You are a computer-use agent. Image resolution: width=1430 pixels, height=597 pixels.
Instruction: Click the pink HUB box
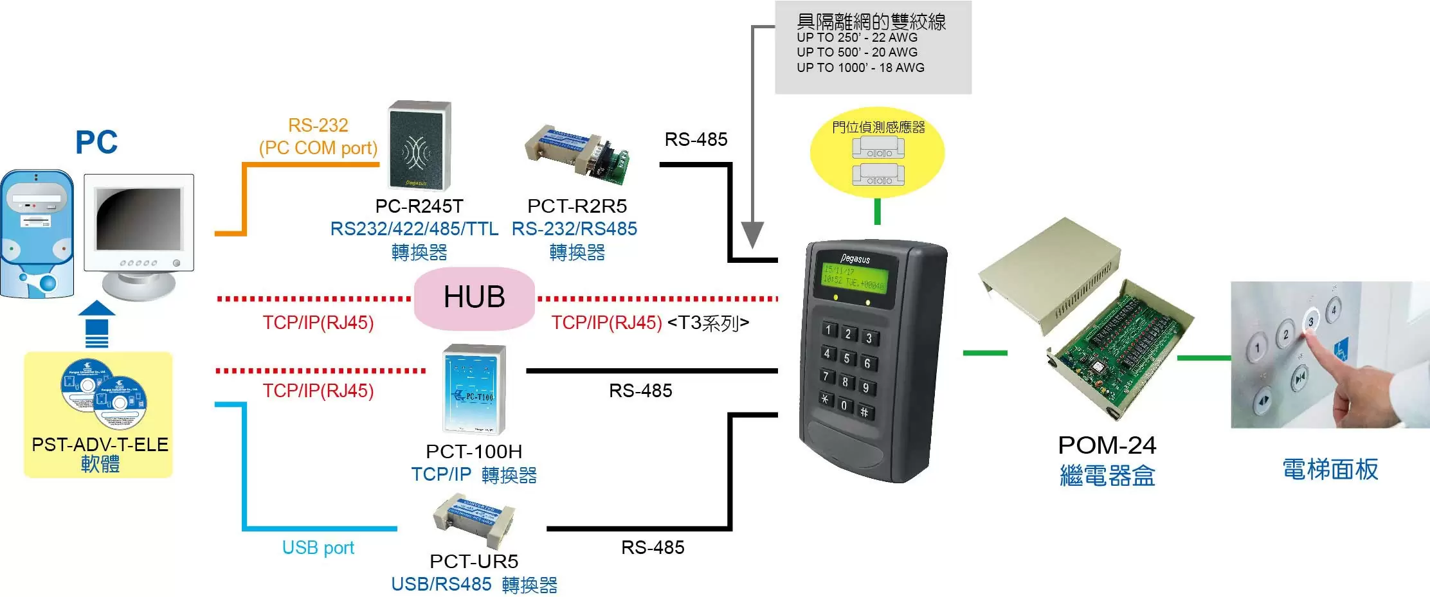(x=475, y=298)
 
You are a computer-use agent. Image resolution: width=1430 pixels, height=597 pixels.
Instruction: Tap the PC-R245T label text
(x=419, y=206)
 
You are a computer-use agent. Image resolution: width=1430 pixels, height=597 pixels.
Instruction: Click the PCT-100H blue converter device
(x=474, y=389)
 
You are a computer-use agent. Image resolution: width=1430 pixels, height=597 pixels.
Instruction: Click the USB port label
(x=318, y=548)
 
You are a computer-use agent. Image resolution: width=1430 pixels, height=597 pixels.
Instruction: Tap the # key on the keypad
(x=864, y=413)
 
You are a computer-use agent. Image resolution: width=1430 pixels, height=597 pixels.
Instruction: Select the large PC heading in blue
(x=96, y=143)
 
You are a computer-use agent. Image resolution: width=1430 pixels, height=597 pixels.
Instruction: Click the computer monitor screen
(x=138, y=218)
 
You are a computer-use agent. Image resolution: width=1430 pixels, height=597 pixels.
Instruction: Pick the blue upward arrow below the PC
(x=96, y=325)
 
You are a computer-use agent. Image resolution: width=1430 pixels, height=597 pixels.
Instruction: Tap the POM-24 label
(x=1107, y=445)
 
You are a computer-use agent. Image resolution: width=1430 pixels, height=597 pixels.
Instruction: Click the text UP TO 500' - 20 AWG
(x=856, y=53)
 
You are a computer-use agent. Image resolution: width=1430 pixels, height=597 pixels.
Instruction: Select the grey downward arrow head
(x=752, y=235)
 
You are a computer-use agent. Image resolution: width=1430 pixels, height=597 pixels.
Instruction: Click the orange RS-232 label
(x=318, y=125)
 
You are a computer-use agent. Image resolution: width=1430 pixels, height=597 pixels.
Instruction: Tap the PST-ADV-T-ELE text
(x=100, y=445)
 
